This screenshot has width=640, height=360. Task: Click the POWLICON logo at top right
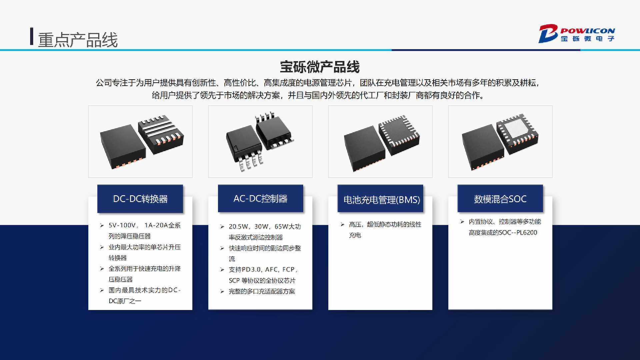click(x=577, y=34)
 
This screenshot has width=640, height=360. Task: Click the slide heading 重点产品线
click(x=78, y=40)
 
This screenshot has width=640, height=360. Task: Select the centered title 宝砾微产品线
click(x=320, y=67)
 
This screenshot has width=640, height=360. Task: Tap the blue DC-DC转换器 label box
click(x=140, y=199)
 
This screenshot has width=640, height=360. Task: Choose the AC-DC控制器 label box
click(x=261, y=198)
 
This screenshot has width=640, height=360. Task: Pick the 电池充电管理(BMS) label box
click(x=380, y=199)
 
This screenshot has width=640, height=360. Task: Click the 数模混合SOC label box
click(x=500, y=199)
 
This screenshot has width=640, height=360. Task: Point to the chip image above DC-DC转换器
click(x=140, y=142)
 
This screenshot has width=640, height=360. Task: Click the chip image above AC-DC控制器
click(x=260, y=142)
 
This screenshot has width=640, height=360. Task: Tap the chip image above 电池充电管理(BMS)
click(x=380, y=142)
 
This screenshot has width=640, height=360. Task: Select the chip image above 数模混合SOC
click(x=500, y=142)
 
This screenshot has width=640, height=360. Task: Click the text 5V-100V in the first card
click(x=121, y=225)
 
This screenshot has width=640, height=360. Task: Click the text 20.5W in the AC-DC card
click(x=238, y=227)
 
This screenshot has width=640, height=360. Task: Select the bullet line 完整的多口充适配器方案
click(x=262, y=291)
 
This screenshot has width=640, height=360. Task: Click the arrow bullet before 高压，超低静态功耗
click(x=342, y=224)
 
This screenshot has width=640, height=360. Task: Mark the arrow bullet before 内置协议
click(x=462, y=222)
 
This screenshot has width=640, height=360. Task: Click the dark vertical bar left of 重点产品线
click(x=32, y=36)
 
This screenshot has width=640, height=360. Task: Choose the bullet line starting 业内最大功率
click(x=145, y=252)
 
